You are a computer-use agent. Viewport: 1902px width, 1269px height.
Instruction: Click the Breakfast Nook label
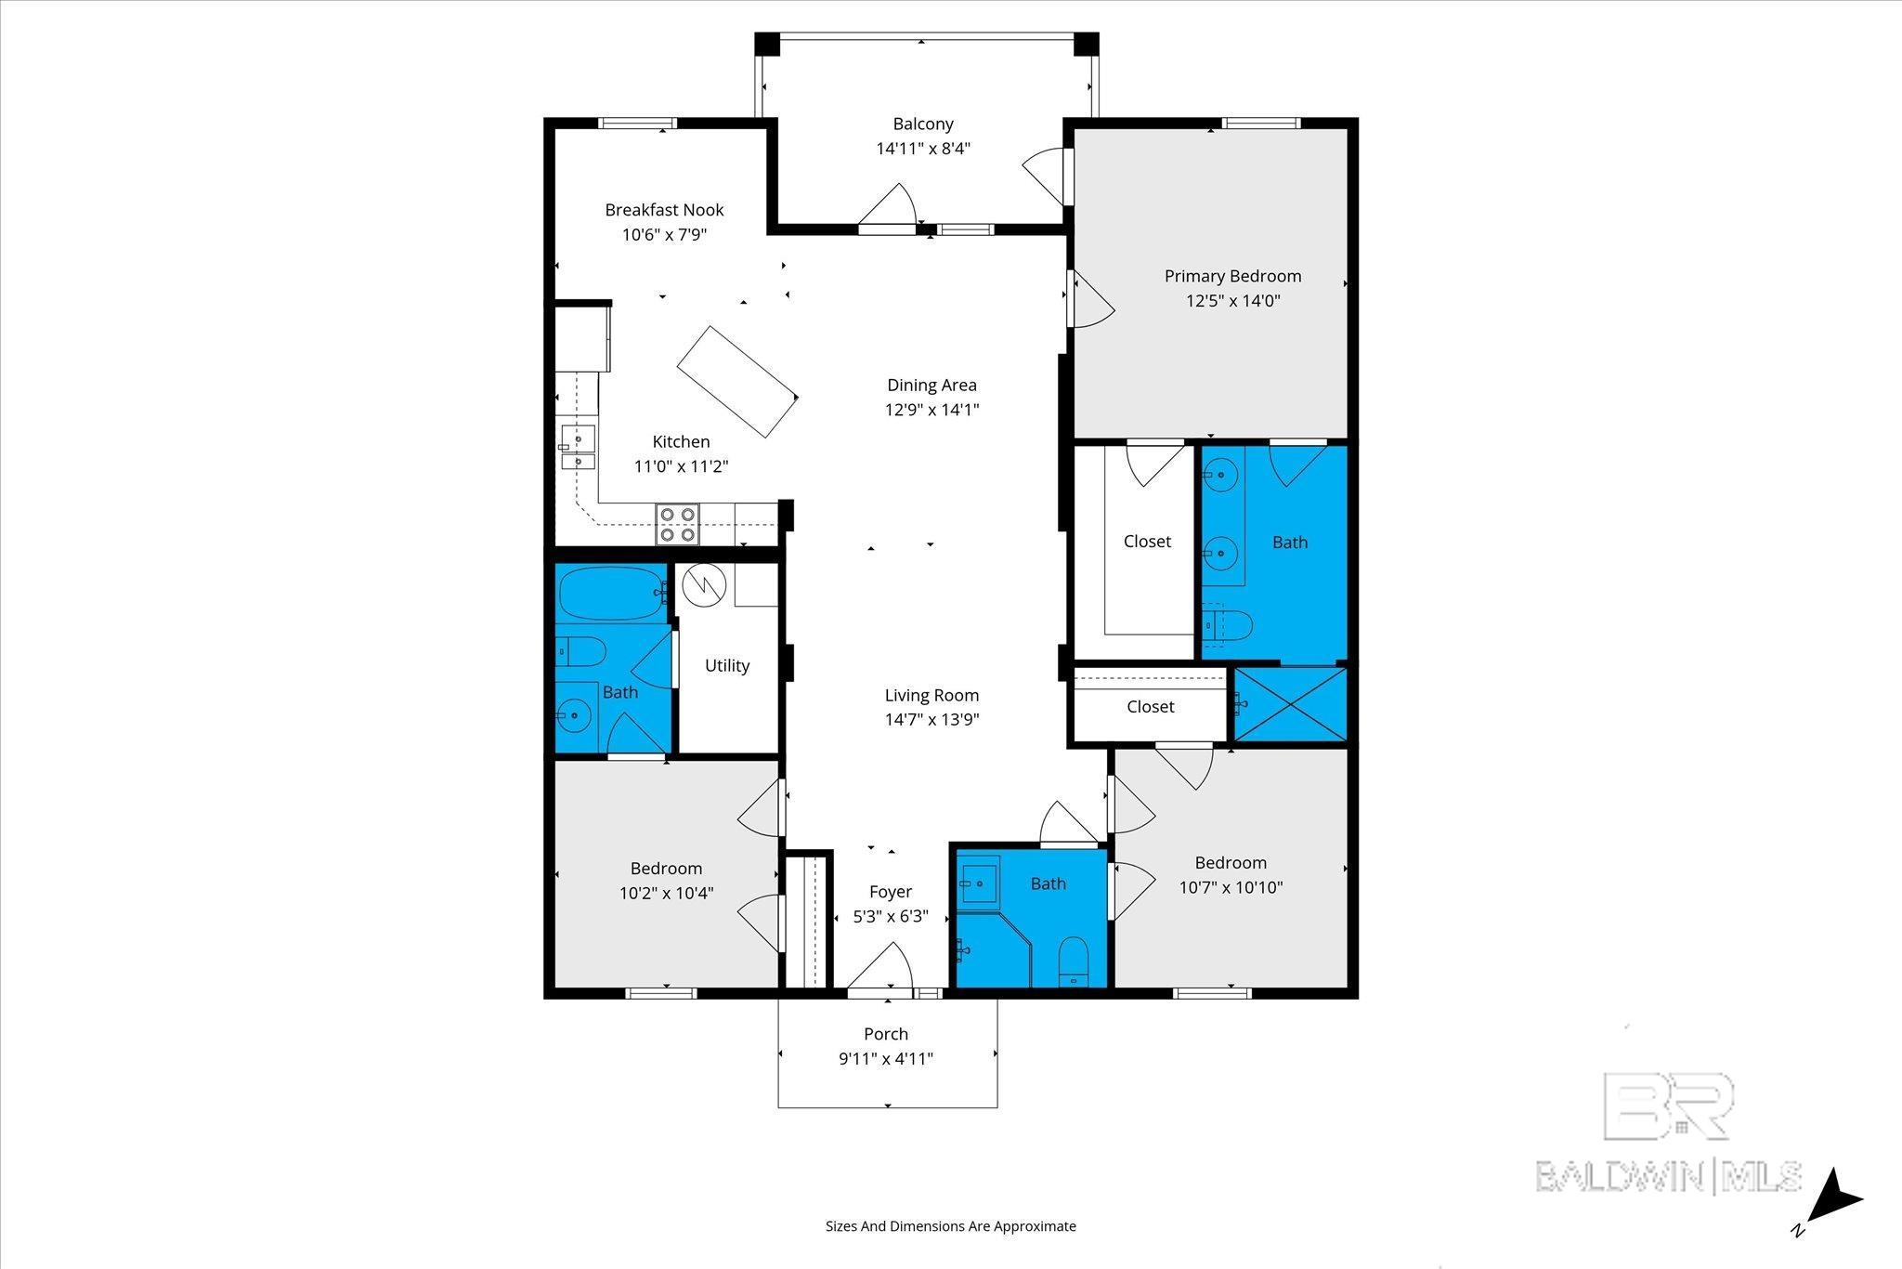(x=664, y=210)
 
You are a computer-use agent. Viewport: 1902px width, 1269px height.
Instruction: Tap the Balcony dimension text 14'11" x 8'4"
(x=923, y=149)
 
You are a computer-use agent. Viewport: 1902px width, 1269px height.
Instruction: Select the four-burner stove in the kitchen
(x=677, y=524)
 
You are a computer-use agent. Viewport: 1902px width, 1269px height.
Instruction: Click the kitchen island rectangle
(x=737, y=382)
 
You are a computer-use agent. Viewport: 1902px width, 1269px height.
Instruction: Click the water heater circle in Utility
(x=702, y=584)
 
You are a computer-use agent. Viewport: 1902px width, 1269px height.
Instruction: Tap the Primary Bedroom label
(x=1232, y=276)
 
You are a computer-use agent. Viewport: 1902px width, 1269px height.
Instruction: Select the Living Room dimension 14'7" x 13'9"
(x=931, y=719)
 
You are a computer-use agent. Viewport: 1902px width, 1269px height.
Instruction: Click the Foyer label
(x=890, y=892)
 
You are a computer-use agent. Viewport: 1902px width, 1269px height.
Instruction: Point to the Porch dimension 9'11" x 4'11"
(x=886, y=1059)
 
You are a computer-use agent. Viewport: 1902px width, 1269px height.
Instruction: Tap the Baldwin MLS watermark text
(x=1668, y=1175)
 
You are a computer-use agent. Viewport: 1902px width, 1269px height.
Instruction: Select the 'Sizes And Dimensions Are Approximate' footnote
(x=951, y=1226)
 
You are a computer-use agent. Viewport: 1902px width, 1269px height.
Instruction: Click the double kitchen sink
(x=578, y=449)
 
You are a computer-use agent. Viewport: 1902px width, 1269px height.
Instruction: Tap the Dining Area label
(x=931, y=385)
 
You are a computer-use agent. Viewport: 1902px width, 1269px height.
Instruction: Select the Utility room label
(x=727, y=665)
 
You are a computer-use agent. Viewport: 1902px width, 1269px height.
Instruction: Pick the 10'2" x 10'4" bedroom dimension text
(x=667, y=894)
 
